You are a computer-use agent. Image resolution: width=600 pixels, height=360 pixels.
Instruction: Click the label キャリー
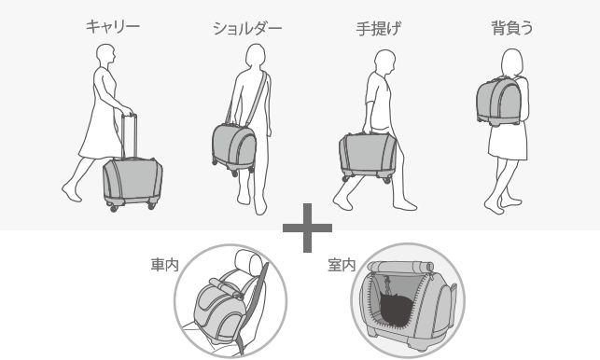point(113,26)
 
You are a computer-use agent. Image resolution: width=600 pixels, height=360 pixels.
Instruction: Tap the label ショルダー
point(247,28)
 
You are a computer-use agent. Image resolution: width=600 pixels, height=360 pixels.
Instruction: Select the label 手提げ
point(379,28)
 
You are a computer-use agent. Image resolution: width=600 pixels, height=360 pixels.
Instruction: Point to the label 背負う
point(512,28)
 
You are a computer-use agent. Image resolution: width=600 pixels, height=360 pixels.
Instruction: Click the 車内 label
point(164,264)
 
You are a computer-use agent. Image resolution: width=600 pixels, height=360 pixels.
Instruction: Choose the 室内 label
point(342,265)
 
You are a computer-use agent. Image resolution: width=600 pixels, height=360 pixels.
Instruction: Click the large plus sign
point(307,228)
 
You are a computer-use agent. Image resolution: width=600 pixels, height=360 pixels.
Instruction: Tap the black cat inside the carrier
point(396,309)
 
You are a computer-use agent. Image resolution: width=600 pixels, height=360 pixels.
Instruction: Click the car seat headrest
point(248,260)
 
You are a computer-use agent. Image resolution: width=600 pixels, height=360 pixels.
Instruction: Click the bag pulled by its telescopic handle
point(132,183)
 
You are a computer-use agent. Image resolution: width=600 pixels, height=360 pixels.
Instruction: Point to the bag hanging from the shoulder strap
point(234,148)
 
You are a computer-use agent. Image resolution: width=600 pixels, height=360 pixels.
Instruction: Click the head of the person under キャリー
point(105,56)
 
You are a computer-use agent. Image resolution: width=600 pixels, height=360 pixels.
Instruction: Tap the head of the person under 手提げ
point(384,62)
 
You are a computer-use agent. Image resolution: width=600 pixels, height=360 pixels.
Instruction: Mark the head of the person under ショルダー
point(255,57)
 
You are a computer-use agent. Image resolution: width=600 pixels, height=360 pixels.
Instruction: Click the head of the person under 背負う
point(512,62)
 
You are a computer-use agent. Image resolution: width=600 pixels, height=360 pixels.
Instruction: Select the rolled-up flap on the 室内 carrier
point(400,267)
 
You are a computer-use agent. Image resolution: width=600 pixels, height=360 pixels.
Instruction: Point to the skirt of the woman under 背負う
point(509,143)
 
